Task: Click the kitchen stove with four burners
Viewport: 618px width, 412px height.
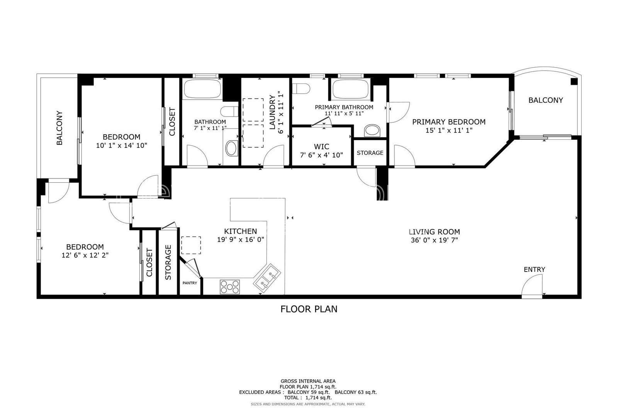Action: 230,287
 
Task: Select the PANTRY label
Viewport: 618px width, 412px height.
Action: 190,283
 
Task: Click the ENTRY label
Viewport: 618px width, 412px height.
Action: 535,270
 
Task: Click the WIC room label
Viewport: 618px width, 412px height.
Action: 321,146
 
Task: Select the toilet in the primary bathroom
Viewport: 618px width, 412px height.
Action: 301,88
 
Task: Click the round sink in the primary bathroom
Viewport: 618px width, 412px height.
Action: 372,131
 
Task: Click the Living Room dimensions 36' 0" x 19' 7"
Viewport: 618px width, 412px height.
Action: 434,240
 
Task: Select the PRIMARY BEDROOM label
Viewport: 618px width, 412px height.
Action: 449,122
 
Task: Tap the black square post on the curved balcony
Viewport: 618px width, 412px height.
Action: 574,81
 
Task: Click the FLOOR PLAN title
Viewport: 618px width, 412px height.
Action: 309,309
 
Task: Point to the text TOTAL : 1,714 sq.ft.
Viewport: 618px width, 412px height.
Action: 308,398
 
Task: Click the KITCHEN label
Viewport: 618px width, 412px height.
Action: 240,231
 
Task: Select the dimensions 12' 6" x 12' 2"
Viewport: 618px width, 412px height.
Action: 85,255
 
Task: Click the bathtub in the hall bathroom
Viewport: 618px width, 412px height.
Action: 202,88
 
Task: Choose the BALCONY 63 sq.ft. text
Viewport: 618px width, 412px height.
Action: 356,392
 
